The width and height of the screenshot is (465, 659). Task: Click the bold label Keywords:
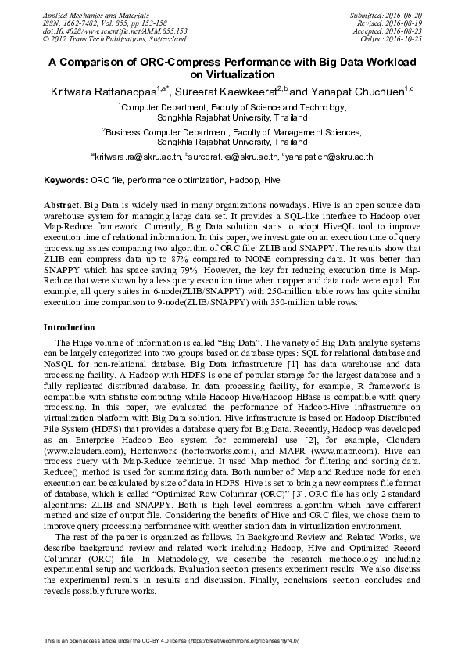coord(65,181)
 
